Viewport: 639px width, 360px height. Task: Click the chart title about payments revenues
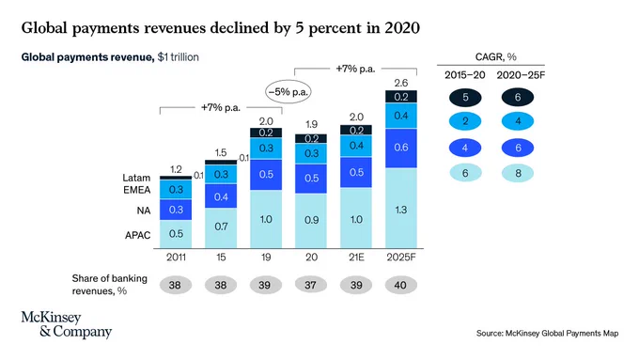(221, 28)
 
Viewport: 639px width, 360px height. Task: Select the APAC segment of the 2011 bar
(176, 234)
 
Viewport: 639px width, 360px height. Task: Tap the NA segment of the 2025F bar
(401, 148)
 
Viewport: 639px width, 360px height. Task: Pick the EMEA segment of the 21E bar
(356, 146)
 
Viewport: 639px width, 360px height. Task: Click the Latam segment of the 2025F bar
(401, 97)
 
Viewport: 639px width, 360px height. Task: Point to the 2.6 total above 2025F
(401, 83)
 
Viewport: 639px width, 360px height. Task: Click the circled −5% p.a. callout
(288, 92)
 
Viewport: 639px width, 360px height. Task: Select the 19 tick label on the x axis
(266, 258)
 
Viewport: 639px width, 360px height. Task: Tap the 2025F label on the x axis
(401, 258)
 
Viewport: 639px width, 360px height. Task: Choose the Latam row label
(136, 178)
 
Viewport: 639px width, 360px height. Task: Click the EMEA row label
(137, 190)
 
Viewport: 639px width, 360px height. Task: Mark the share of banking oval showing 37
(310, 285)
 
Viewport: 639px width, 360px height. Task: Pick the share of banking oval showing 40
(401, 285)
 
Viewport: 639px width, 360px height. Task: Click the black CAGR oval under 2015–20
(465, 98)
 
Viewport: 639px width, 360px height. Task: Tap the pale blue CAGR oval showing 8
(518, 173)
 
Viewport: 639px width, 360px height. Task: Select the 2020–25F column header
(521, 75)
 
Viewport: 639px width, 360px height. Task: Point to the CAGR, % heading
(495, 57)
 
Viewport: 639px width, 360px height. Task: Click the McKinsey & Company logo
(67, 325)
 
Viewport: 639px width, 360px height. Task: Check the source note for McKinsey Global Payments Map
(547, 334)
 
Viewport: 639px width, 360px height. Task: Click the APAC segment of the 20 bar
(311, 221)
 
